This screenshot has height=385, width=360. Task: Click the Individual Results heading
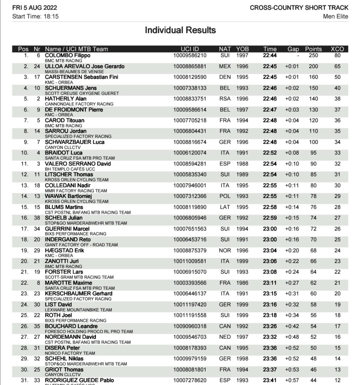(180, 30)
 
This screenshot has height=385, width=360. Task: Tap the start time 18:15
(51, 16)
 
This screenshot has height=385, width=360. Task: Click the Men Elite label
(335, 16)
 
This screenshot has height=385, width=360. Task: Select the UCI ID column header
(190, 49)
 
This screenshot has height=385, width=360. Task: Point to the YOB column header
(242, 49)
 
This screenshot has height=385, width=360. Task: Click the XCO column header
(337, 49)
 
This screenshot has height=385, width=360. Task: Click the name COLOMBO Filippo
(67, 55)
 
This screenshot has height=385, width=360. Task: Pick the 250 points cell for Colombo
(313, 55)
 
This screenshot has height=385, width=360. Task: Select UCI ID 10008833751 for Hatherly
(190, 99)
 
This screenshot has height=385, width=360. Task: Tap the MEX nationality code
(225, 66)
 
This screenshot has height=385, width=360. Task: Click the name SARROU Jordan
(66, 131)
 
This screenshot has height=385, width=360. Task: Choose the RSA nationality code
(225, 99)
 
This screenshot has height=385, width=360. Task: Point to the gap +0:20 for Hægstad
(292, 251)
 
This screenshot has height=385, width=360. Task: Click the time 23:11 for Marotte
(270, 283)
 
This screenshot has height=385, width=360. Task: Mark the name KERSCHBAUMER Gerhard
(79, 294)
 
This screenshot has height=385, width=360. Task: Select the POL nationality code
(225, 196)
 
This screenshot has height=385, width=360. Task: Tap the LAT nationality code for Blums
(225, 207)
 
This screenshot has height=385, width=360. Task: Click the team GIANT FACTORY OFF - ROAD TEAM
(81, 245)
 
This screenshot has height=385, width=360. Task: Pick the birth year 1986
(242, 283)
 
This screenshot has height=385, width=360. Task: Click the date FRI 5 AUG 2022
(35, 8)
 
